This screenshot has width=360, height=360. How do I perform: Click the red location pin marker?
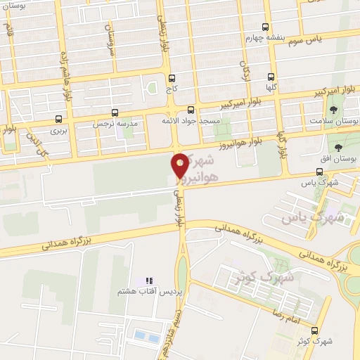coord(180,166)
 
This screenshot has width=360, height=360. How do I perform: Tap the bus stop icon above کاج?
coord(173,79)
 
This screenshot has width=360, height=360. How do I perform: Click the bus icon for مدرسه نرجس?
coord(115,112)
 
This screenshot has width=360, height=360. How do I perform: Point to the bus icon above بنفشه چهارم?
coord(268,26)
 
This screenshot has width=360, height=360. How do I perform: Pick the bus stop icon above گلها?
coord(271,78)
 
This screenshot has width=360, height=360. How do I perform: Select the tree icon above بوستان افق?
coord(340,148)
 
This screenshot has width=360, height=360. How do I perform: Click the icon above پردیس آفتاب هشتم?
coord(148,281)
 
